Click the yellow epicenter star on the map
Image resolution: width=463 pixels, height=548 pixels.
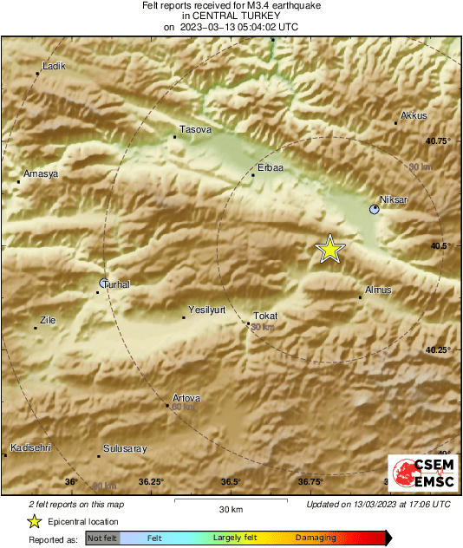(329, 249)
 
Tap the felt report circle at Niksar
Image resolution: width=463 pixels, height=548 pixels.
(375, 209)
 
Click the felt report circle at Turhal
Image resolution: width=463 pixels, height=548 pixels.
(103, 283)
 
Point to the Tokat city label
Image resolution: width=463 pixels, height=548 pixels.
(264, 316)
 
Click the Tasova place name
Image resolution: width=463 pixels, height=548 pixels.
(195, 129)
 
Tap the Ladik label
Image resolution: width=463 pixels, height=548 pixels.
(54, 66)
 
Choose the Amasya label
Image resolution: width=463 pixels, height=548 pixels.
(41, 173)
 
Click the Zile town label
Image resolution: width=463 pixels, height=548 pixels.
(49, 320)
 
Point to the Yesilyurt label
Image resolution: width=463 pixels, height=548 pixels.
(206, 310)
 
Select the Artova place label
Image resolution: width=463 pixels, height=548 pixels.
(186, 398)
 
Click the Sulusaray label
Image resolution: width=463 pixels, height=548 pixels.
(125, 448)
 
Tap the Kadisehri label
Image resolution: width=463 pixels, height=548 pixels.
(30, 447)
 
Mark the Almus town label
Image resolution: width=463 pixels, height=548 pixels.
(379, 290)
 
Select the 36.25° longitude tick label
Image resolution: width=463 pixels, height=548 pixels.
(151, 481)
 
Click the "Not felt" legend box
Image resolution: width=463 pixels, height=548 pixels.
(103, 538)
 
